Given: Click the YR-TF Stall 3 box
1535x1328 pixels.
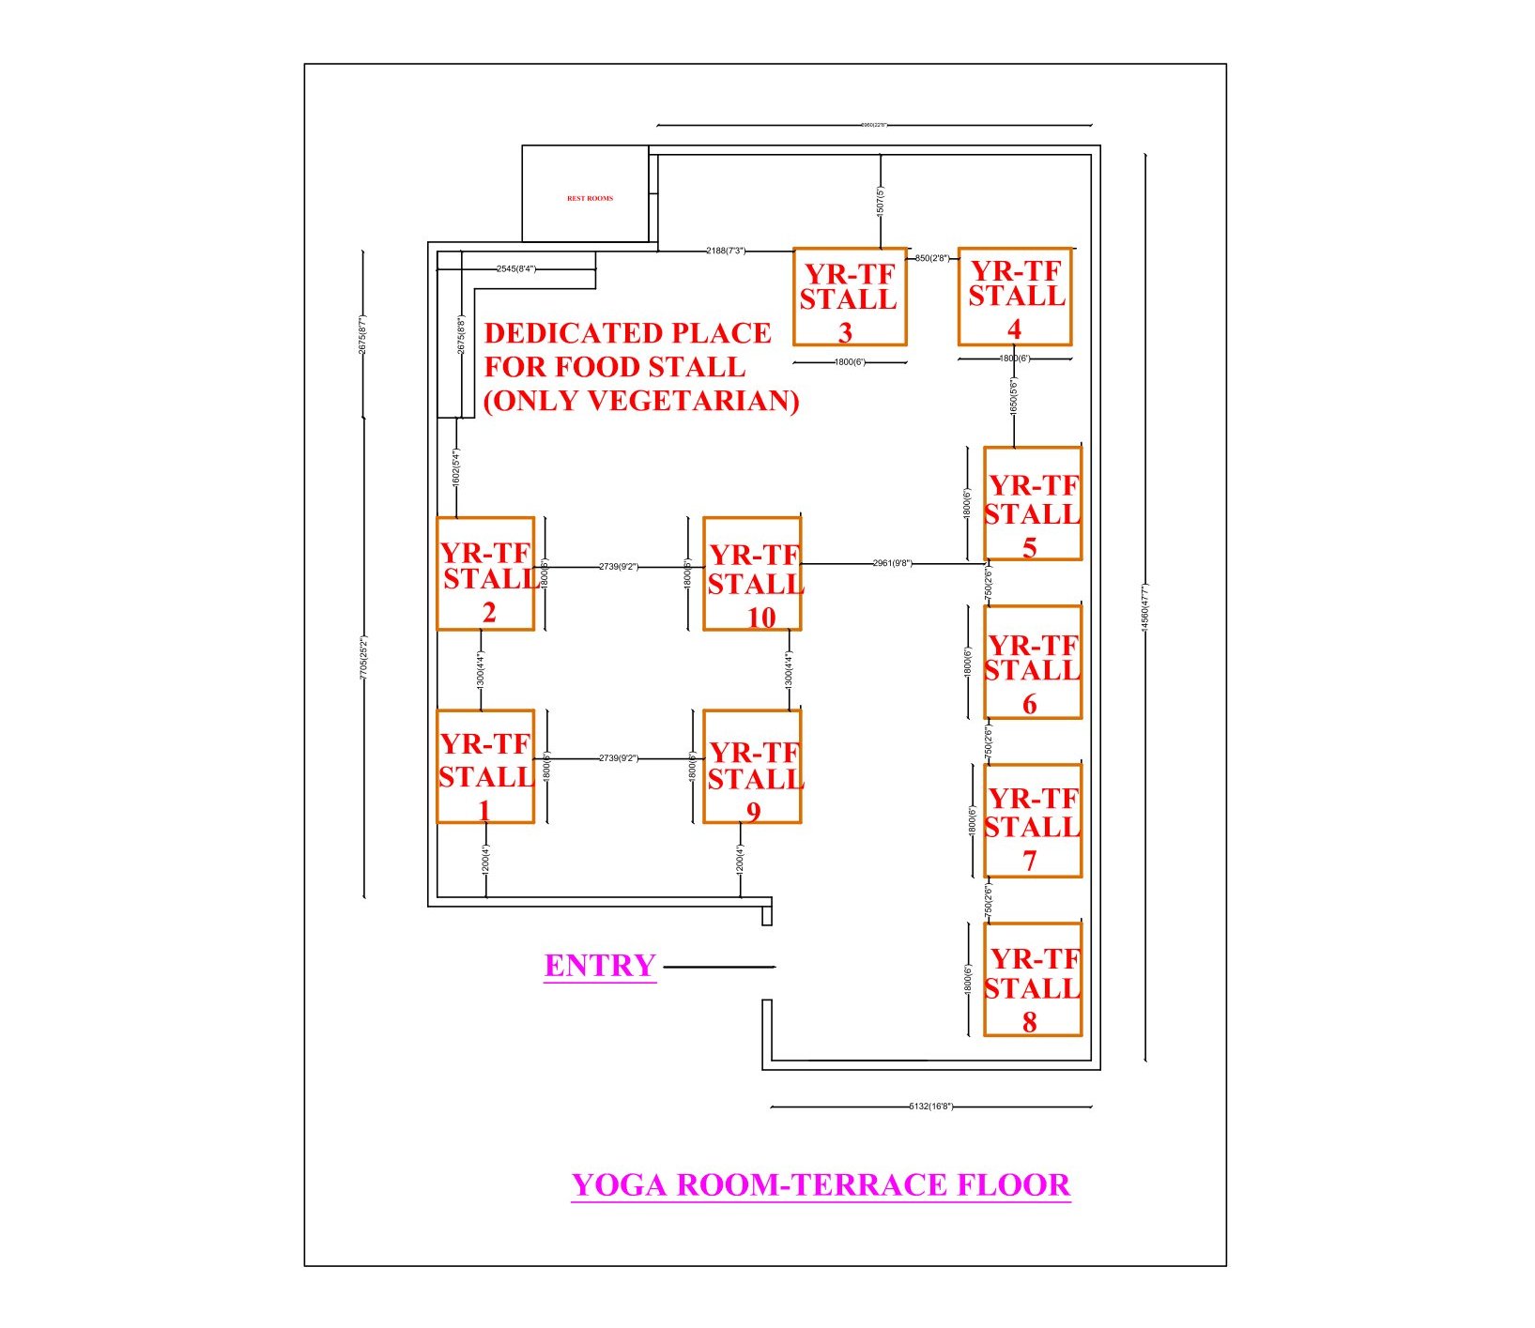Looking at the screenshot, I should click(850, 297).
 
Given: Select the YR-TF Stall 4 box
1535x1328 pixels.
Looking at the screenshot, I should click(1015, 297).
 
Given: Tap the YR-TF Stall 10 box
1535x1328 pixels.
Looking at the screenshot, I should click(752, 573).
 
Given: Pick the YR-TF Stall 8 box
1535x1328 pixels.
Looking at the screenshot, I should click(1033, 979).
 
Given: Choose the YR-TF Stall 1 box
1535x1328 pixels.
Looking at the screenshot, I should click(485, 767).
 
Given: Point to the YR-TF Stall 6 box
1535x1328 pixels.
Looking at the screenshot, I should click(1033, 662).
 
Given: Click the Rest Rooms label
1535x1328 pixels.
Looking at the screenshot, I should click(590, 199).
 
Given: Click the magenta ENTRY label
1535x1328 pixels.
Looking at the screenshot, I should click(600, 966).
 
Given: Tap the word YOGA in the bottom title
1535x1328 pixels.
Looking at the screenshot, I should click(620, 1185).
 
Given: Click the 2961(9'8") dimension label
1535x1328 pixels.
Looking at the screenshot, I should click(892, 563).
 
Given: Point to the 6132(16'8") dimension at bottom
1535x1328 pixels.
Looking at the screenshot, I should click(930, 1107).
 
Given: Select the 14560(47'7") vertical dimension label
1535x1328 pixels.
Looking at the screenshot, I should click(1144, 608).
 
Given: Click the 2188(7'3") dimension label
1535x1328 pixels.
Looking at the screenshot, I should click(726, 251).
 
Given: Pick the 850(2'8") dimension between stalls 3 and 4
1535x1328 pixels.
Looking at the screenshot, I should click(932, 258).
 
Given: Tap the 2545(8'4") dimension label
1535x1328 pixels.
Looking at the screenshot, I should click(516, 269).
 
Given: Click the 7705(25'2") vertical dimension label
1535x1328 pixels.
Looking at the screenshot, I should click(363, 657).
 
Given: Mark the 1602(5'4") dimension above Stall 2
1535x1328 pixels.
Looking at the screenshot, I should click(456, 467).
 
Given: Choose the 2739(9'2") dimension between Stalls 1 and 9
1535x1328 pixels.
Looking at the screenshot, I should click(618, 758).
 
